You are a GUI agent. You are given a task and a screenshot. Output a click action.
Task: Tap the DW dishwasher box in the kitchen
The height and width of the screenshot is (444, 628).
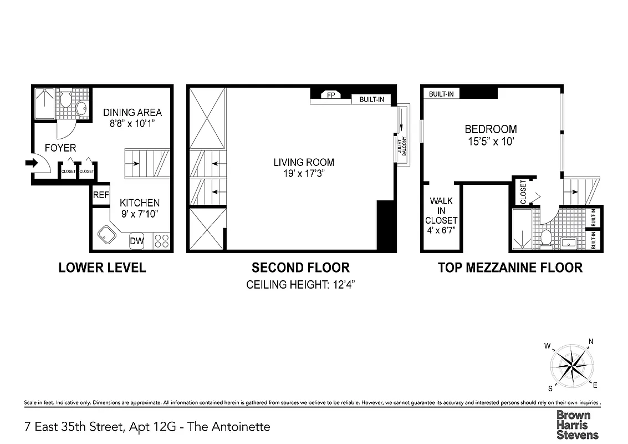(x=136, y=241)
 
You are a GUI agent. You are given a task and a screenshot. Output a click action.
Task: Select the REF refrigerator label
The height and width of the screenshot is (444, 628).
(x=100, y=195)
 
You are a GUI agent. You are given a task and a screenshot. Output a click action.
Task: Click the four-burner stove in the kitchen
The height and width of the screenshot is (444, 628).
(x=161, y=240)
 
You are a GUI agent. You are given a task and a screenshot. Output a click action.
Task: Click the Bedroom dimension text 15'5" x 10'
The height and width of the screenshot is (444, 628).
(x=491, y=142)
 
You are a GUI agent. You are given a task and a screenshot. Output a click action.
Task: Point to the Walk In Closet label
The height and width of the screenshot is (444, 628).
(x=441, y=211)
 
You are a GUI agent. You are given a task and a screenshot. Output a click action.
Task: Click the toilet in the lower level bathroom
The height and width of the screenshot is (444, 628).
(x=65, y=100)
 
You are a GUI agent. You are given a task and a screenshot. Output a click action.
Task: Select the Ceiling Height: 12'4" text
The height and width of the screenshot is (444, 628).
(x=300, y=285)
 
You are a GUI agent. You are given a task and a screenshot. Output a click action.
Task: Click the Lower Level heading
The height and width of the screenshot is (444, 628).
(x=102, y=268)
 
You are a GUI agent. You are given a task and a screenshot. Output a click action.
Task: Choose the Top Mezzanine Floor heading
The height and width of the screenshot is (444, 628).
(x=510, y=268)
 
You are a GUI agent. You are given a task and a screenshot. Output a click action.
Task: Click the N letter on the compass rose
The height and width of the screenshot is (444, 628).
(x=591, y=342)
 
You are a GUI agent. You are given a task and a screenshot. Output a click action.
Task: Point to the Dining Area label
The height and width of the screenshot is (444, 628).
(x=132, y=113)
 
